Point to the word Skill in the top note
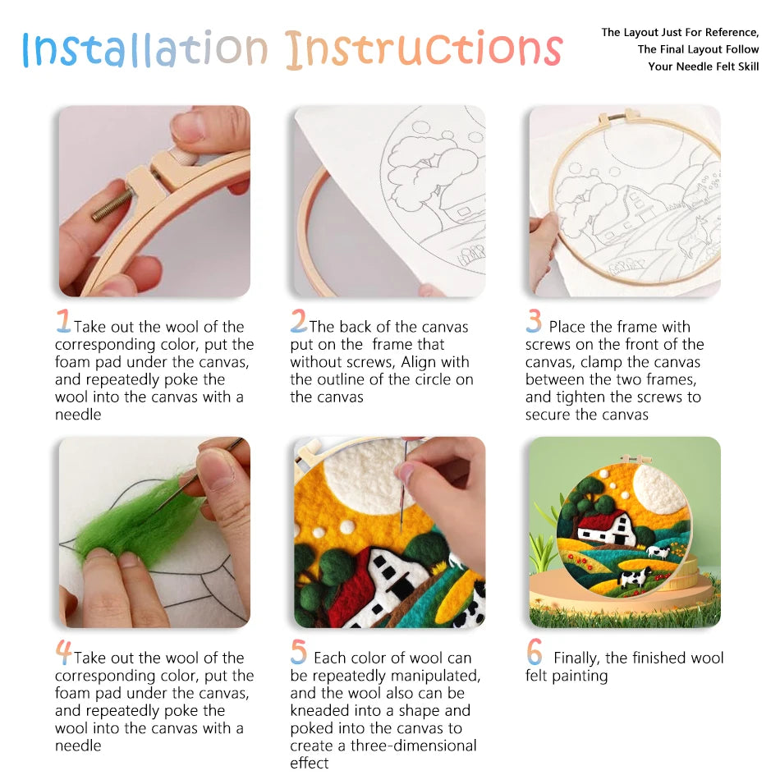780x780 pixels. click(744, 67)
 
